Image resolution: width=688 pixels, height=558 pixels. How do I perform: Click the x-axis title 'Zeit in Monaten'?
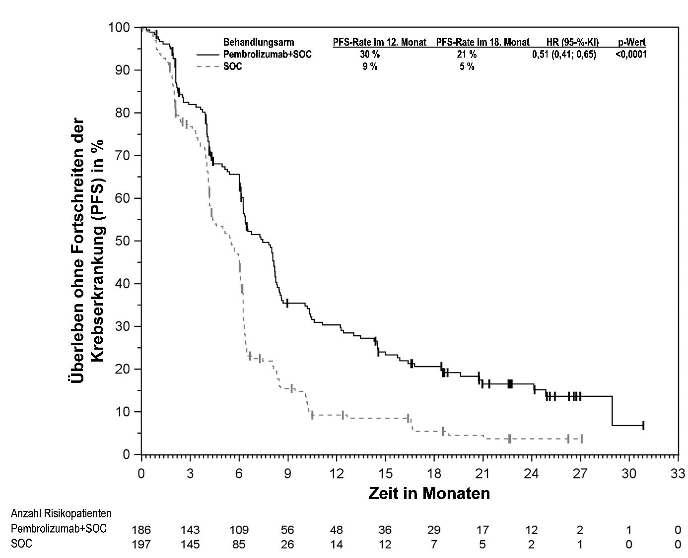pos(429,494)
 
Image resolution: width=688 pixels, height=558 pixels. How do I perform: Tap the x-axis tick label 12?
pos(337,473)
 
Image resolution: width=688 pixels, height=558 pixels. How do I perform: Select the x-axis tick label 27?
pos(580,473)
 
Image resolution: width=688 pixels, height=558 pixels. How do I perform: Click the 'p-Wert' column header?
pos(631,43)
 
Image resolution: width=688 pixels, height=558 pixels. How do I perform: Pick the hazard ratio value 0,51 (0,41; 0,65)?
pos(564,55)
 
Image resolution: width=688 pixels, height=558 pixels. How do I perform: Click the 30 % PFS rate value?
pos(369,55)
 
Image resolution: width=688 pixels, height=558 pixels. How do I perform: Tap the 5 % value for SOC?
pos(467,66)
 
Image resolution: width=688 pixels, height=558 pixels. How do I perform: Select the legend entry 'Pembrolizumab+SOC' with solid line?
pos(268,55)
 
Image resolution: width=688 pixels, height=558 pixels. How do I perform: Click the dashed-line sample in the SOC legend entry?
pos(207,66)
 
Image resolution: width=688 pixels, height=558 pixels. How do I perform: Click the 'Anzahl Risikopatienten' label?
pos(61,513)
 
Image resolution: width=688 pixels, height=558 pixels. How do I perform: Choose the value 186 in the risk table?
pos(141,529)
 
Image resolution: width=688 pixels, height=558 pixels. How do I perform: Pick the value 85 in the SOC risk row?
pos(239,545)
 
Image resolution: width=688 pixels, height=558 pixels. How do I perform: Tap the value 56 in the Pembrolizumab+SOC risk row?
pos(287,529)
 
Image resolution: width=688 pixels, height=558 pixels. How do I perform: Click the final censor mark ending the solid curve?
pos(643,425)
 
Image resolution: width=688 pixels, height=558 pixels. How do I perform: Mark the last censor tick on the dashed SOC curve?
pos(581,439)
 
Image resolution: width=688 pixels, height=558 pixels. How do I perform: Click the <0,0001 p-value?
pos(631,55)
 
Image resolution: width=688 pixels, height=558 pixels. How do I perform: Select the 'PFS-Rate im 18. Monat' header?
pos(482,43)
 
